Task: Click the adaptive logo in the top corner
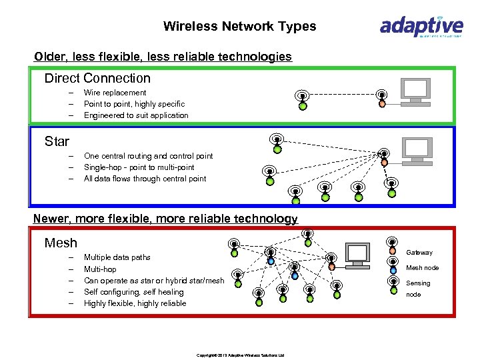pyautogui.click(x=421, y=27)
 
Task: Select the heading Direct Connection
pyautogui.click(x=97, y=78)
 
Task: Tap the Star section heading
pyautogui.click(x=57, y=141)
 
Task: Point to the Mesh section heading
pyautogui.click(x=61, y=243)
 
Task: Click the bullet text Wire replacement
pyautogui.click(x=115, y=93)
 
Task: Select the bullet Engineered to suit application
pyautogui.click(x=136, y=115)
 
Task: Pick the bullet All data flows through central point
pyautogui.click(x=145, y=179)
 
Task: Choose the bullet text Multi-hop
pyautogui.click(x=100, y=269)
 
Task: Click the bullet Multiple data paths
pyautogui.click(x=117, y=257)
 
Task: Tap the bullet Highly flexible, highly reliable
pyautogui.click(x=135, y=303)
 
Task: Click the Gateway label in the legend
pyautogui.click(x=419, y=253)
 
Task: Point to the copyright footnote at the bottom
pyautogui.click(x=240, y=355)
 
